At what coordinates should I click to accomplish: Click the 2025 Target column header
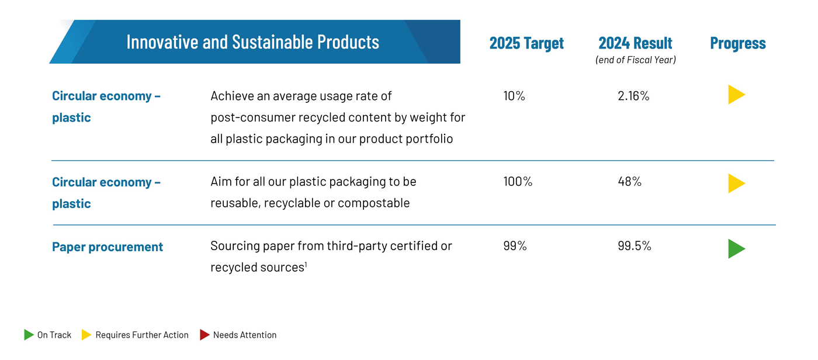(526, 43)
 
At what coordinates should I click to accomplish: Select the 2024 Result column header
(635, 43)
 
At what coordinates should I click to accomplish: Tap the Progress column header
(737, 44)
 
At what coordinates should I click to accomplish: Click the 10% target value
(514, 96)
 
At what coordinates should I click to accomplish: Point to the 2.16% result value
(633, 96)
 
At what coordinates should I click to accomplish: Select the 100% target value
(518, 181)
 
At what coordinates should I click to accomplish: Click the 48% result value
(630, 181)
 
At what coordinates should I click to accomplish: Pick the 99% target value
(515, 246)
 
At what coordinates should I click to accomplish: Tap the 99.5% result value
(635, 246)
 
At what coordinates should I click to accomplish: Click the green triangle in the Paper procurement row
(736, 249)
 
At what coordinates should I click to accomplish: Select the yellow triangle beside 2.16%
(736, 95)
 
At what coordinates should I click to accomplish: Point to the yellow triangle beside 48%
(736, 184)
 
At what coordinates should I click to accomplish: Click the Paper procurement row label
(108, 247)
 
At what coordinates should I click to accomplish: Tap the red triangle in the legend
(204, 335)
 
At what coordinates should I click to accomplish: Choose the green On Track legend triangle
(29, 335)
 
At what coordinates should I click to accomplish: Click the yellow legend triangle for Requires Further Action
(86, 335)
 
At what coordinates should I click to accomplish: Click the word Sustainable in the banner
(272, 41)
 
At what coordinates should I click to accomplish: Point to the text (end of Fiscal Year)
(636, 60)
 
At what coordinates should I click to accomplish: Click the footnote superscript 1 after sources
(306, 265)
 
